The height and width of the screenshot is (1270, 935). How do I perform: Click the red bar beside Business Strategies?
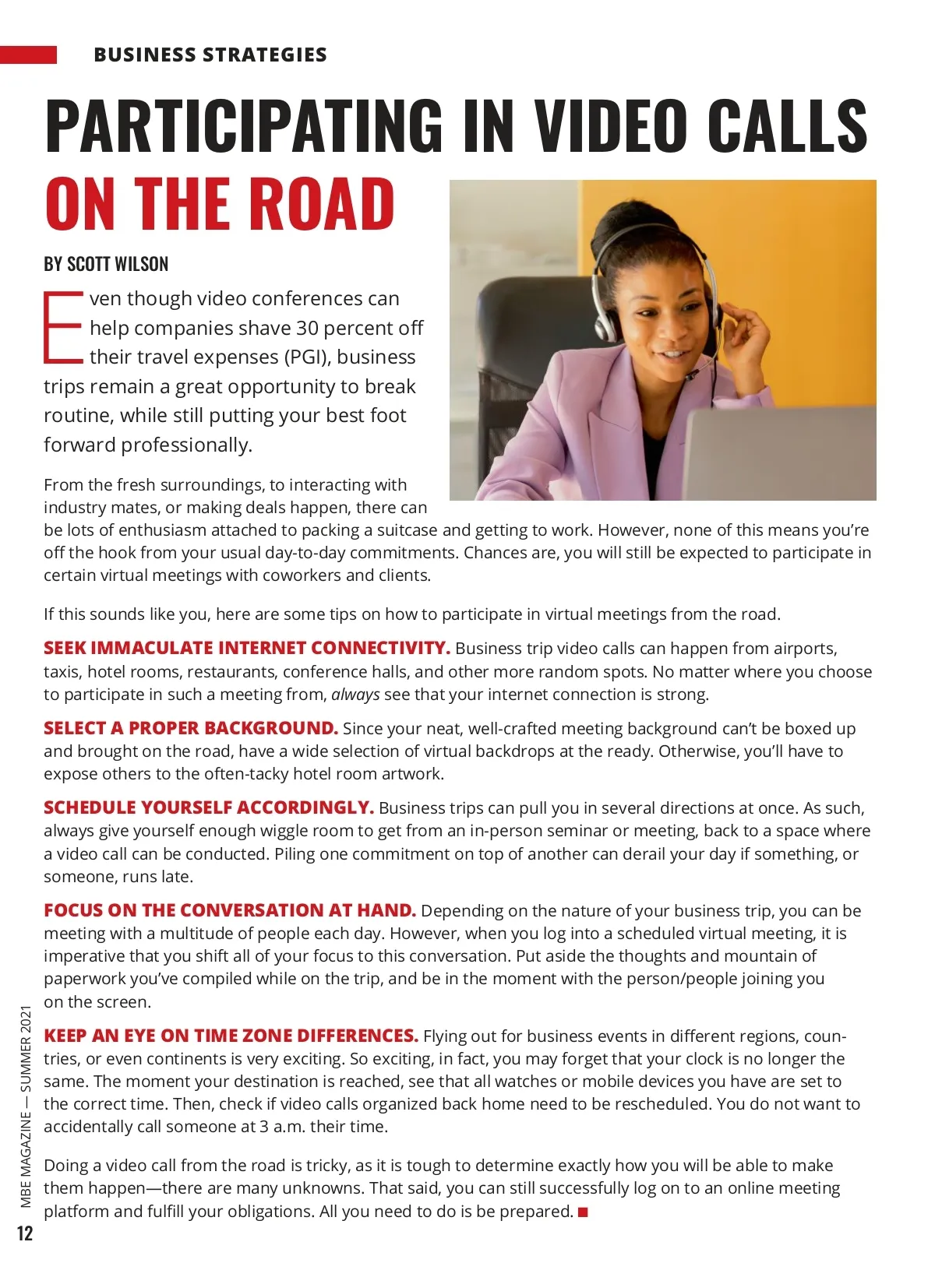tap(28, 55)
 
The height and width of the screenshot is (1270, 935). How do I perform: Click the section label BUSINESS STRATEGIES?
tap(210, 55)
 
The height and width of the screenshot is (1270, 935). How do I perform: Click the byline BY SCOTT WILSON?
tap(106, 264)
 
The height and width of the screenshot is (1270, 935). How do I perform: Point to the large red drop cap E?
tap(62, 327)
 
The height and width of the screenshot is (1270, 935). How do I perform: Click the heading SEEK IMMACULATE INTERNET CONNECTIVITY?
tap(247, 648)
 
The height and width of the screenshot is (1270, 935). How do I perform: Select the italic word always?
tap(355, 695)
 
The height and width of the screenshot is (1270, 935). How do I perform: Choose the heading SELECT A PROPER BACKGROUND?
tap(191, 728)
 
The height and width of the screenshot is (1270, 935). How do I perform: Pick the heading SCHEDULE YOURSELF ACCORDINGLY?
tap(209, 807)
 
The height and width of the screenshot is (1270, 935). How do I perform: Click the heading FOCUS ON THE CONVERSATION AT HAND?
tap(230, 910)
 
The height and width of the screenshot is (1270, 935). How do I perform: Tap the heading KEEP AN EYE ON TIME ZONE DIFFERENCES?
tap(231, 1036)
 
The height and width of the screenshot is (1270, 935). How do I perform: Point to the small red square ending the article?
tap(583, 1212)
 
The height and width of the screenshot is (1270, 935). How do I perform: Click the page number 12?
tap(25, 1233)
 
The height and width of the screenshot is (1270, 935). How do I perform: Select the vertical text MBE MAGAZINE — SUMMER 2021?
tap(26, 1106)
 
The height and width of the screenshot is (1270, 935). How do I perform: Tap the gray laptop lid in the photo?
tap(779, 452)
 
